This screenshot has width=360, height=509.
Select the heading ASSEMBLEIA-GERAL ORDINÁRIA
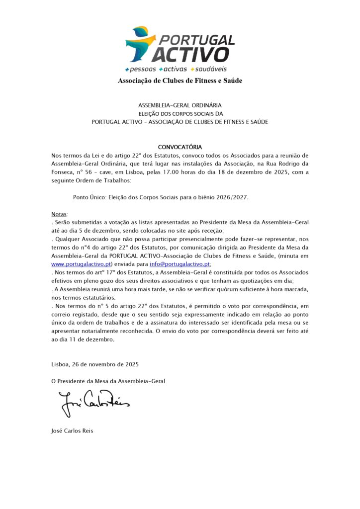point(180,105)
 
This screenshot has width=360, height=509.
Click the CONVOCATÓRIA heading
point(180,147)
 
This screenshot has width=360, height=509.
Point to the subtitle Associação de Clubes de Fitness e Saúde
point(180,81)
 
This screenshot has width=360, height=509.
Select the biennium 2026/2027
point(230,197)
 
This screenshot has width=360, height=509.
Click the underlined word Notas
point(59,214)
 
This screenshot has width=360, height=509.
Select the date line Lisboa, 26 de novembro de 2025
point(95,364)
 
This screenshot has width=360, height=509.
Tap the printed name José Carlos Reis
point(72,430)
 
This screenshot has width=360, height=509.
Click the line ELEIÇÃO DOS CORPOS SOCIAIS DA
point(180,114)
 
